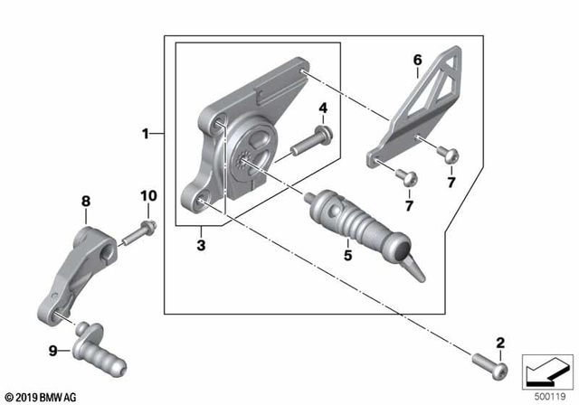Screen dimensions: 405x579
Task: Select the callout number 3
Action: click(x=202, y=244)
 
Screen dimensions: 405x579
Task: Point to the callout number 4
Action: click(x=321, y=109)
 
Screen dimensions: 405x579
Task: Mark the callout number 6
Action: click(x=417, y=60)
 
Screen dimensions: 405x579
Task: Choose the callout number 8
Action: click(x=86, y=201)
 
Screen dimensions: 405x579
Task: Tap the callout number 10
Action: click(x=147, y=196)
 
